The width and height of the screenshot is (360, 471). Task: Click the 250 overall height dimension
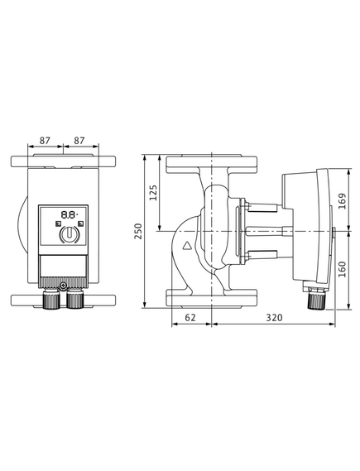[138, 231]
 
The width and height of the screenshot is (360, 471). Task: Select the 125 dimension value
[153, 193]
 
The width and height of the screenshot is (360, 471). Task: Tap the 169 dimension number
[342, 201]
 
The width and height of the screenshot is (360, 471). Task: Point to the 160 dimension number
[342, 269]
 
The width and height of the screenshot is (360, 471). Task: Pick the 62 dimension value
[190, 317]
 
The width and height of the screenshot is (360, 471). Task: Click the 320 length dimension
[274, 317]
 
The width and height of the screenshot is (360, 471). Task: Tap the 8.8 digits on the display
[69, 214]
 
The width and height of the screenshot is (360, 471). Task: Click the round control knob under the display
[70, 234]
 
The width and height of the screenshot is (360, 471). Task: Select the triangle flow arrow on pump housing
[188, 246]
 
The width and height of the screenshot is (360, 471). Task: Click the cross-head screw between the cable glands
[63, 285]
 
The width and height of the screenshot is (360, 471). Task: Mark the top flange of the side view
[211, 164]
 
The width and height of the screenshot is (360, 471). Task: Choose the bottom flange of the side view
[211, 298]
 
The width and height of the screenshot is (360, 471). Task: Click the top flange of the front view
[64, 161]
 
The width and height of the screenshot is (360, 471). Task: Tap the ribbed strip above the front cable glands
[64, 282]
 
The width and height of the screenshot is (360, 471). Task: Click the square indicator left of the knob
[58, 223]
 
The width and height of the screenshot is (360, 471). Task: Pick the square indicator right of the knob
[80, 223]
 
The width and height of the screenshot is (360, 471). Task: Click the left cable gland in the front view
[51, 299]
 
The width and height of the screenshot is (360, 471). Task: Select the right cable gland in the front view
[74, 299]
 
